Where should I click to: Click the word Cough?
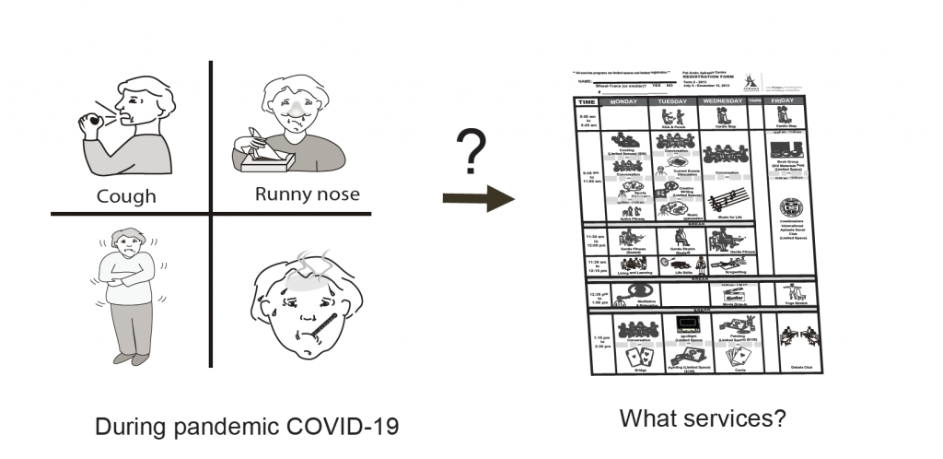point(127,196)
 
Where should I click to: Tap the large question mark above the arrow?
point(471,153)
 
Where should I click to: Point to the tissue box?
point(262,160)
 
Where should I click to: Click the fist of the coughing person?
point(94,123)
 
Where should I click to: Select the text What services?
point(703,418)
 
